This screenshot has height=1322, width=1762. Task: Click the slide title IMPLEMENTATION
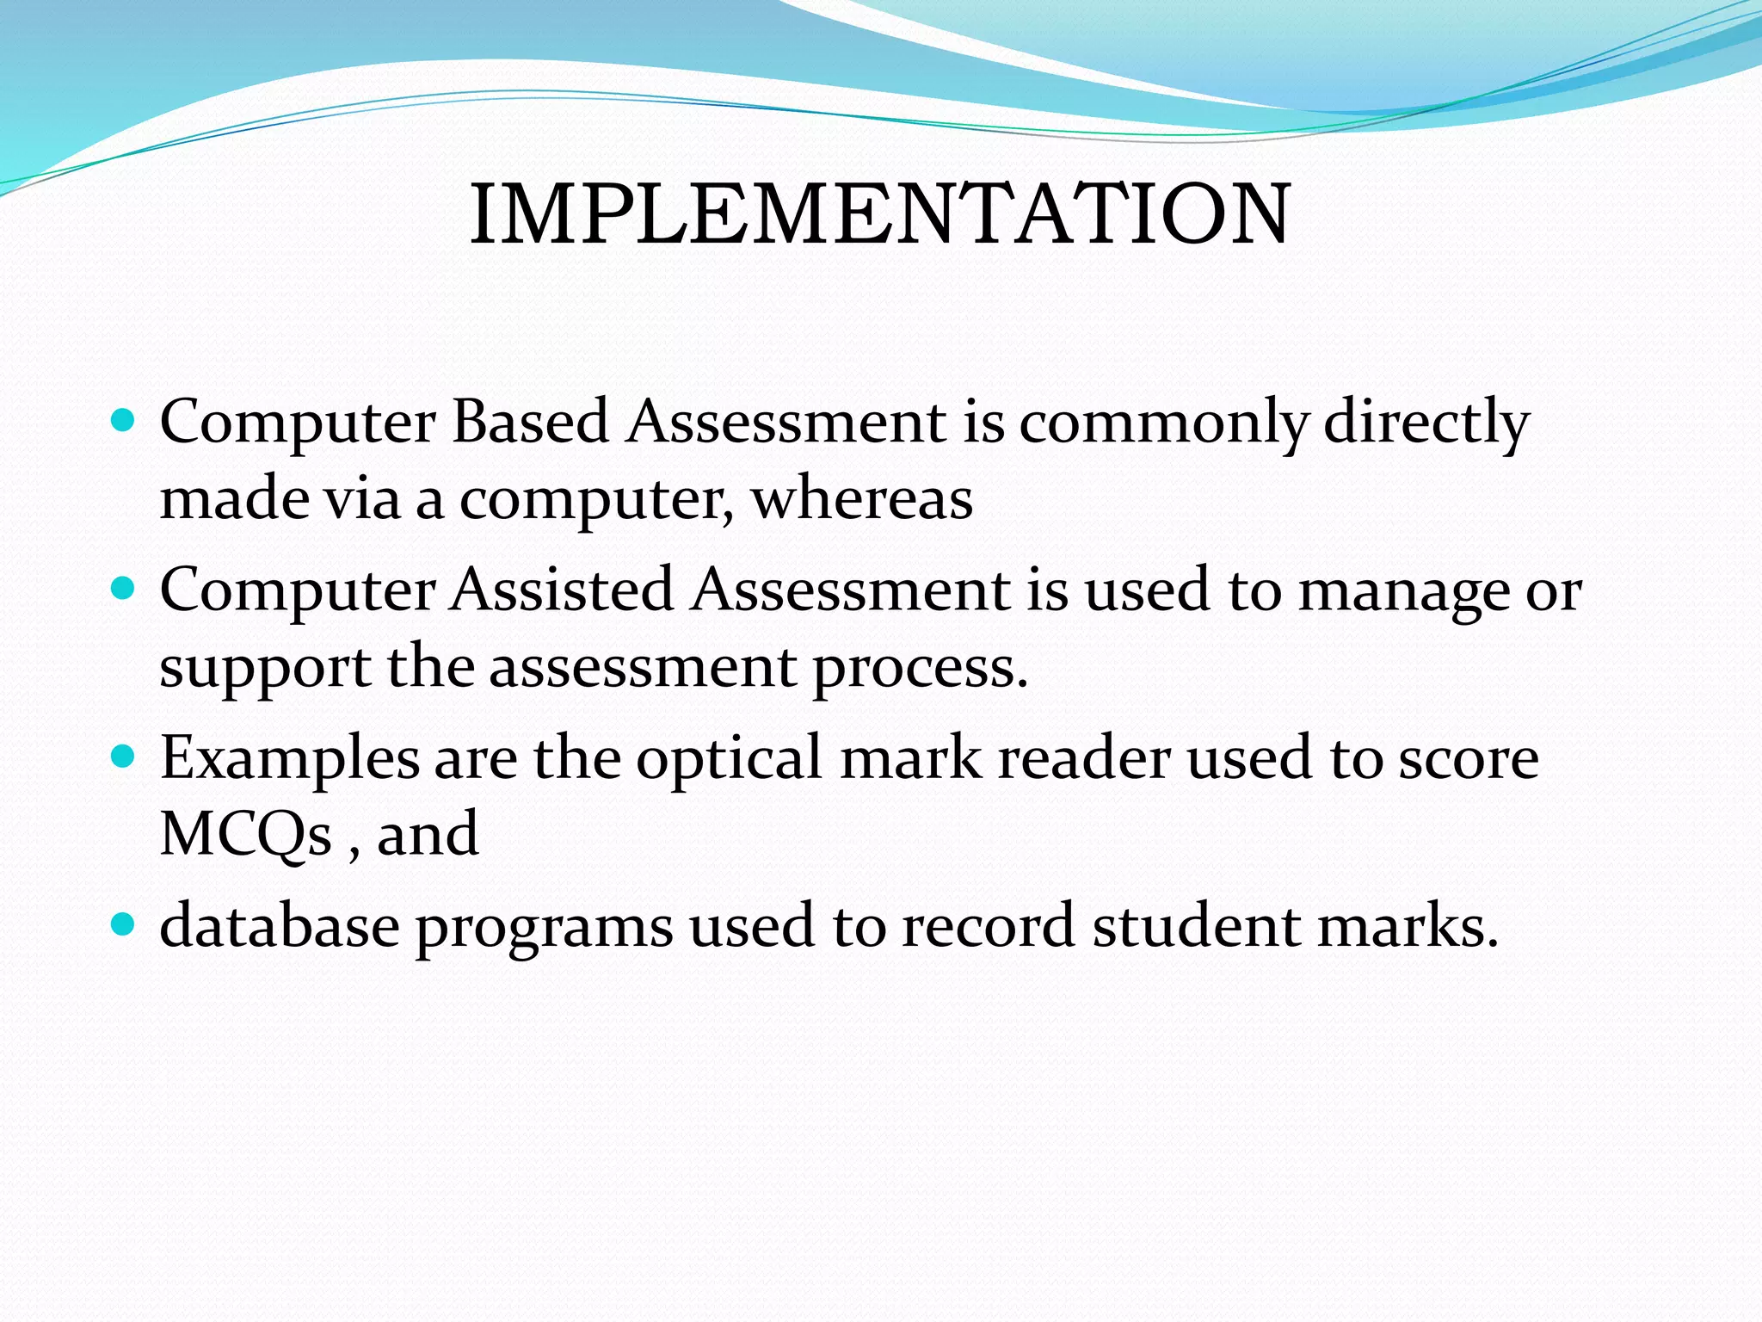[x=879, y=214]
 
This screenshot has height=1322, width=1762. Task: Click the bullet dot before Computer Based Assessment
[x=125, y=421]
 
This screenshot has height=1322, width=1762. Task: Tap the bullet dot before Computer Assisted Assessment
[x=125, y=590]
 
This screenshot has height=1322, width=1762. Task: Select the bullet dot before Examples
[x=125, y=757]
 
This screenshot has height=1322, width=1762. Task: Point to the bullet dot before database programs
[x=125, y=925]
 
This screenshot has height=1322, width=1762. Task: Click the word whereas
[x=862, y=499]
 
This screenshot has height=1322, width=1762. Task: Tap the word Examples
[x=290, y=761]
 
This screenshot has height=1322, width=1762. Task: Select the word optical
[x=729, y=761]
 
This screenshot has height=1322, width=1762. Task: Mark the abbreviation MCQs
[x=246, y=835]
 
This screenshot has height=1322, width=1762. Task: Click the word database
[x=280, y=926]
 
